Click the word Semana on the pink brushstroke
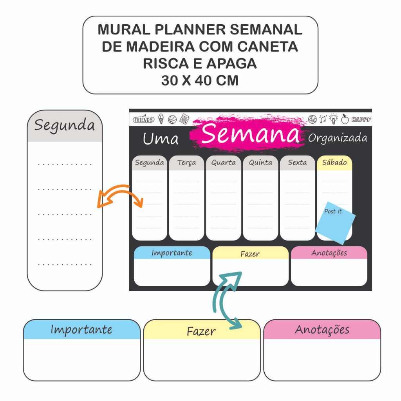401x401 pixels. coord(251,134)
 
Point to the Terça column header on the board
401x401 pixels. coord(186,163)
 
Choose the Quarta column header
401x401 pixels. coord(224,163)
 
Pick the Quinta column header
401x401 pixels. coord(260,163)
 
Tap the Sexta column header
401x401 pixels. coord(298,163)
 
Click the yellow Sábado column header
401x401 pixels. coord(334,163)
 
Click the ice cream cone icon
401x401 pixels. coord(161,119)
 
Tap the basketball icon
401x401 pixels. coord(172,119)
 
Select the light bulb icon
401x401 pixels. coord(333,119)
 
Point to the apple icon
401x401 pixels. coord(345,119)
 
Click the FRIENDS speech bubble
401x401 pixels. coord(144,119)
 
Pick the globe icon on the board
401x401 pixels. coord(312,119)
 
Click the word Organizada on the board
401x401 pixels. coord(338,138)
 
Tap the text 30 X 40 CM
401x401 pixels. coord(200,80)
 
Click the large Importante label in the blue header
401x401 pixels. coord(81,329)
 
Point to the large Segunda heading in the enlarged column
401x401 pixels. coord(65,125)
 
